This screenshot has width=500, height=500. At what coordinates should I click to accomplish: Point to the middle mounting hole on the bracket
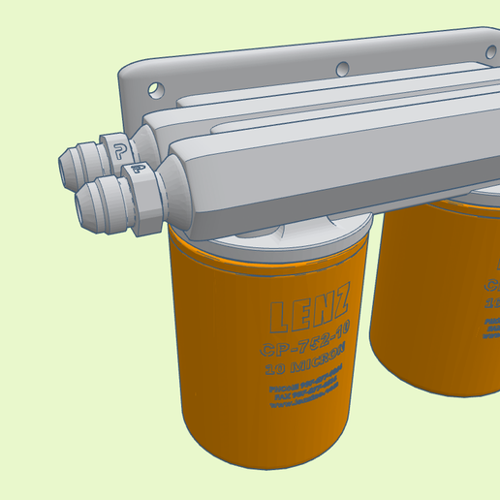pos(342,68)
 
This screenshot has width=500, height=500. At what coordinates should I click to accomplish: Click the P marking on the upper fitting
pos(120,150)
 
